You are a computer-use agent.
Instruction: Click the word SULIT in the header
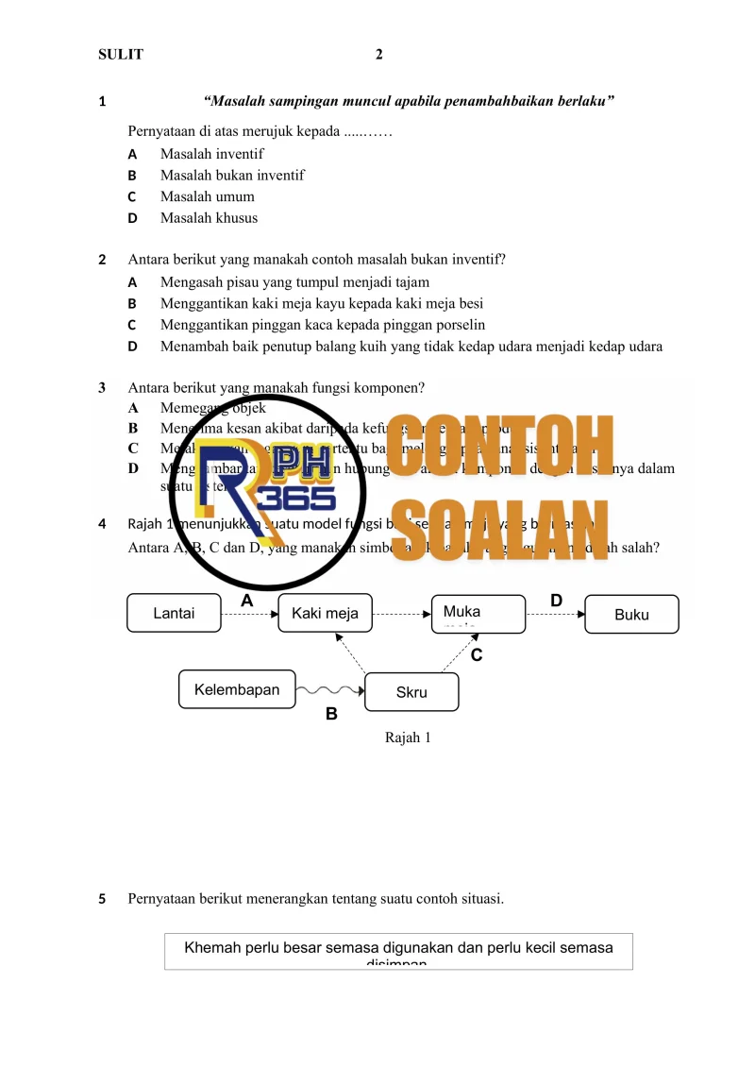(121, 55)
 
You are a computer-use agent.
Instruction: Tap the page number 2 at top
(378, 55)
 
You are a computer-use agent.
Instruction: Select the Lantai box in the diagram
(174, 614)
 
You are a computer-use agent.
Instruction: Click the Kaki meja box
(325, 614)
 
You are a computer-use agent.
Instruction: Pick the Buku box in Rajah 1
(631, 614)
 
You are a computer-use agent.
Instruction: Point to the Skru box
(411, 692)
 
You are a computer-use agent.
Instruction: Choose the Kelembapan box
(237, 689)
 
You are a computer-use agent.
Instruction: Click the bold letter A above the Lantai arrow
(247, 601)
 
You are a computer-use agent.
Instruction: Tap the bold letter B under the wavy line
(331, 715)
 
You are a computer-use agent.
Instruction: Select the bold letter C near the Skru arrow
(477, 654)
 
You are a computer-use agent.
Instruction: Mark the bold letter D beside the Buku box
(556, 601)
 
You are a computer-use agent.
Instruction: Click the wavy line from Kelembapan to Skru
(329, 690)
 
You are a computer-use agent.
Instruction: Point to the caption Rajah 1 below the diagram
(408, 737)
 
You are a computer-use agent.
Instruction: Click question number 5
(103, 899)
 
